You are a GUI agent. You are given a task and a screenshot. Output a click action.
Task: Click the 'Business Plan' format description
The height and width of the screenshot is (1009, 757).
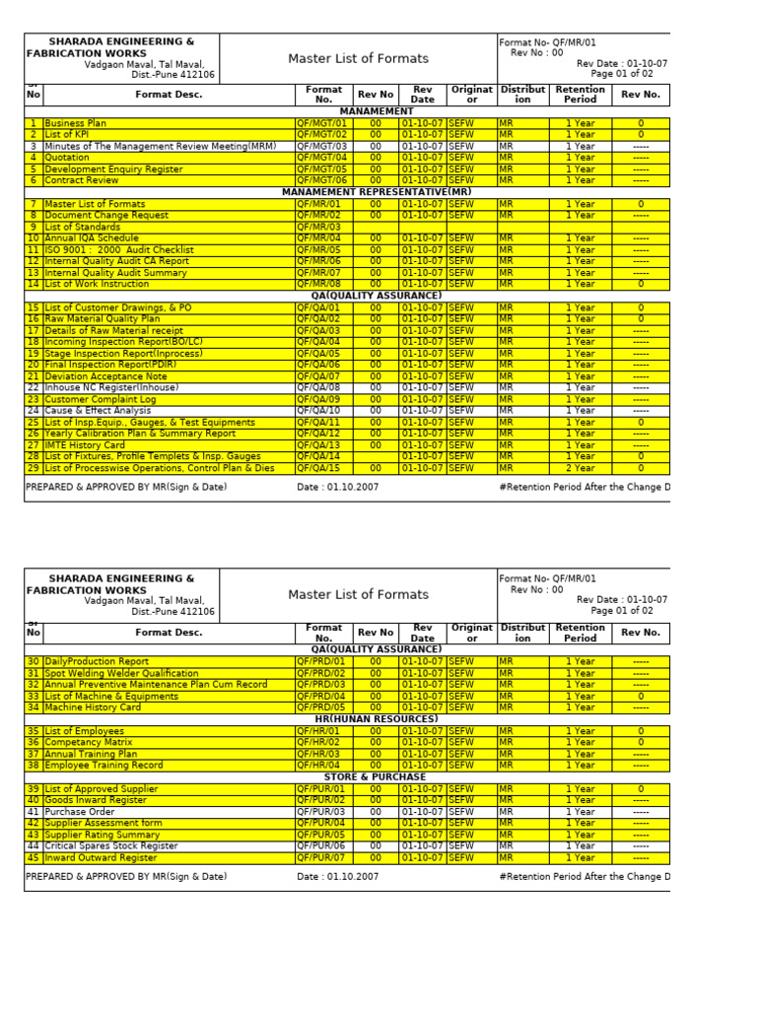[x=76, y=123]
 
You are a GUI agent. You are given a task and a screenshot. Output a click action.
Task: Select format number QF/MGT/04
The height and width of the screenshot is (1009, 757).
[x=321, y=158]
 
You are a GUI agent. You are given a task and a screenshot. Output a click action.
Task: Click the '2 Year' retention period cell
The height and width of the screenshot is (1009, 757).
[x=580, y=468]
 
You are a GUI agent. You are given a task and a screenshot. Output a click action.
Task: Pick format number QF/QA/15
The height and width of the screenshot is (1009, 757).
[x=318, y=468]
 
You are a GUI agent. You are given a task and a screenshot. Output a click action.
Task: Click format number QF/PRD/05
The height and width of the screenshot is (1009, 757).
[x=321, y=707]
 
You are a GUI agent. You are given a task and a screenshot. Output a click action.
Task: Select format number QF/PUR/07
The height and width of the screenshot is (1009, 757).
[x=321, y=857]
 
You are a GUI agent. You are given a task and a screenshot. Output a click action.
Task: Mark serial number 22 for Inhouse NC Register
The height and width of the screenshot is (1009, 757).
[x=33, y=388]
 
